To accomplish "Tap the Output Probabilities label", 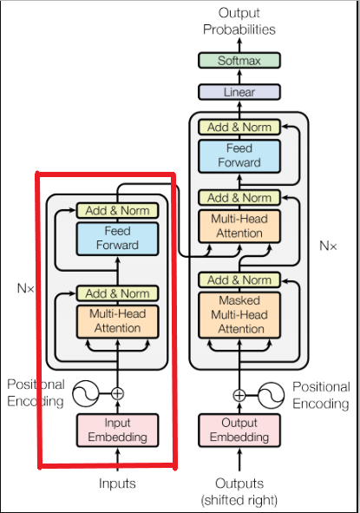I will (239, 21).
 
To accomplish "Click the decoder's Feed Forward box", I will (239, 156).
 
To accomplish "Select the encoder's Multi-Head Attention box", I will (117, 320).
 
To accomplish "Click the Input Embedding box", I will (117, 429).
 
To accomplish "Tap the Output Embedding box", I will (239, 429).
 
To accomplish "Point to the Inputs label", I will (117, 483).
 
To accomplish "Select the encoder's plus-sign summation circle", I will (117, 393).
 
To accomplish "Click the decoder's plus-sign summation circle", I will (239, 394).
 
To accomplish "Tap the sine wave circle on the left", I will (86, 393).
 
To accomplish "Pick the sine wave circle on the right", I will (272, 394).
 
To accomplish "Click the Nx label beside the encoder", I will (27, 286).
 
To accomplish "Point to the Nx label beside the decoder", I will (328, 246).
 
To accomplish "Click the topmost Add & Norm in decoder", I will (239, 127).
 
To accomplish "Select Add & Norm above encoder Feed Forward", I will (117, 210).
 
